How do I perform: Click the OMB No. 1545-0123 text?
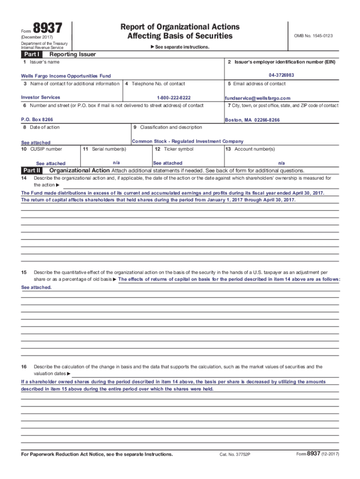point(313,36)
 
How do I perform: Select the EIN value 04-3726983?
point(281,75)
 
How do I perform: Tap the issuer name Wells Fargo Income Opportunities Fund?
point(66,76)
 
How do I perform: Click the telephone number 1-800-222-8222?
point(174,98)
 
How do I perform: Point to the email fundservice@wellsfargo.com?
point(258,98)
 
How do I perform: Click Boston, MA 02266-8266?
point(252,120)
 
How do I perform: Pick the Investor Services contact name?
point(41,97)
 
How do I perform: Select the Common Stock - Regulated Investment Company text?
point(188,141)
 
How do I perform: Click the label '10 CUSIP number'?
point(42,149)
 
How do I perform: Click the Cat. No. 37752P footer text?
point(235,455)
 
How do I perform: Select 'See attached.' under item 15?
point(36,287)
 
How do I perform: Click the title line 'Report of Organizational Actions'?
point(180,27)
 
